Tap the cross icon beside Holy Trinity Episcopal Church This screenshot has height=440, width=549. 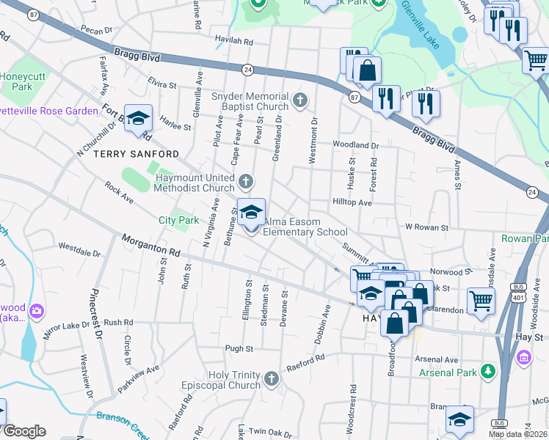pyautogui.click(x=272, y=379)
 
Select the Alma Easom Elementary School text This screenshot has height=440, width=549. pyautogui.click(x=305, y=226)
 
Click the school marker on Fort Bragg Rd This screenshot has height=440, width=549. pyautogui.click(x=138, y=120)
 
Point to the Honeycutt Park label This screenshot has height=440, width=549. pyautogui.click(x=23, y=81)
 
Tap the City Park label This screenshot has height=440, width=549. pyautogui.click(x=178, y=220)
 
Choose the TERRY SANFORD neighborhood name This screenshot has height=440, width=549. pyautogui.click(x=136, y=154)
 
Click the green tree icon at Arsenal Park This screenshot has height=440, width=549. pyautogui.click(x=486, y=372)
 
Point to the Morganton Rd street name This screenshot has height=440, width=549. pyautogui.click(x=150, y=246)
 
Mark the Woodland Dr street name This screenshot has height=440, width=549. pyautogui.click(x=355, y=145)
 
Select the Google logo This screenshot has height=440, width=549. pyautogui.click(x=24, y=431)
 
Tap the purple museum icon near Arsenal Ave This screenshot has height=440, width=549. pyautogui.click(x=524, y=357)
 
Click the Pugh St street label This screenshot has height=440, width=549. pyautogui.click(x=239, y=349)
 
